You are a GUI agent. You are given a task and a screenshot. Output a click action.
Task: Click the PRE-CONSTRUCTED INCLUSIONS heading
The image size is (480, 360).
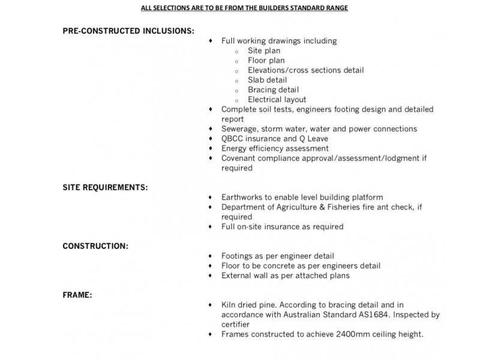pos(128,31)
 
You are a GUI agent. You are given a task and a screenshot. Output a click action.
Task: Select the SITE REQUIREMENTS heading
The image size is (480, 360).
pos(105,187)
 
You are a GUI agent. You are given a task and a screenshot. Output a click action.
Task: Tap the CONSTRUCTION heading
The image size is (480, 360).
pos(95,246)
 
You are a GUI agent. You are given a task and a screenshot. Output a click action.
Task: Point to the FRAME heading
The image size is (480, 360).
pos(77,295)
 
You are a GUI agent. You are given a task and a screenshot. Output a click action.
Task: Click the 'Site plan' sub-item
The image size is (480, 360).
pos(264,51)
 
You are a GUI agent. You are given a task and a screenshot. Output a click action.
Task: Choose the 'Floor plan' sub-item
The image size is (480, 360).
pos(266,61)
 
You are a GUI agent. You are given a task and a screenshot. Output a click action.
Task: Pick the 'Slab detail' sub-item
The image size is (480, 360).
pos(268,80)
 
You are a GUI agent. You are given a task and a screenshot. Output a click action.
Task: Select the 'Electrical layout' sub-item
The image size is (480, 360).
pos(277,100)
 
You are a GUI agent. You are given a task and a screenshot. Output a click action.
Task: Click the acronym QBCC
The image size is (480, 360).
pos(233,139)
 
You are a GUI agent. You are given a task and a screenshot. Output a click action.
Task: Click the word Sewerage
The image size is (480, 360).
pos(239,129)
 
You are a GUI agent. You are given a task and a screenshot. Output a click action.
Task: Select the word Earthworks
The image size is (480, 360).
pos(243,197)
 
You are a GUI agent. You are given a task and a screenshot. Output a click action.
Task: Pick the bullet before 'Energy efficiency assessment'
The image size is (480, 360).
pos(211,148)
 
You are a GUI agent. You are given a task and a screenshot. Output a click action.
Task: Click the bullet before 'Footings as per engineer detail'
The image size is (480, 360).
pos(211,256)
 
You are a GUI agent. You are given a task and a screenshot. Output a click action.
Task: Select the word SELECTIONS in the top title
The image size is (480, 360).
pos(176,8)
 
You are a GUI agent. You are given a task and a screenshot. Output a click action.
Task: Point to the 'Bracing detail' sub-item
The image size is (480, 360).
pos(273,90)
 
